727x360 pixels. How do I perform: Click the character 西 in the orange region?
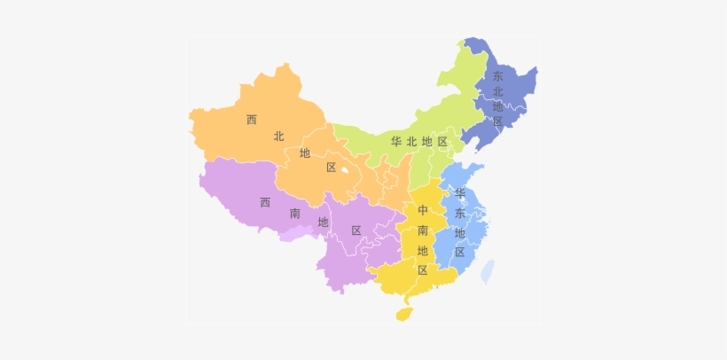click(x=252, y=120)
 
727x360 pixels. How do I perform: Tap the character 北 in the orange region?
click(x=278, y=136)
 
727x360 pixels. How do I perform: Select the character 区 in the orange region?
click(x=331, y=168)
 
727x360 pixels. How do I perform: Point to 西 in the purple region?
click(x=264, y=202)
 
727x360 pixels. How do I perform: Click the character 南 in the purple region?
click(x=294, y=214)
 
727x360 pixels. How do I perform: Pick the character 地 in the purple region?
click(x=323, y=222)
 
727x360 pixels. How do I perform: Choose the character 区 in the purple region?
click(x=356, y=231)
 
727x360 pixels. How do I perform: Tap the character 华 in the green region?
click(x=396, y=142)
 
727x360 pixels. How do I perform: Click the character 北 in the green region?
click(x=411, y=142)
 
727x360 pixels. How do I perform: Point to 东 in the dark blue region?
click(x=497, y=76)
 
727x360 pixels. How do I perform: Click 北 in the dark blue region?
click(x=497, y=91)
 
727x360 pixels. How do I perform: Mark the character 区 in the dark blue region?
click(x=497, y=121)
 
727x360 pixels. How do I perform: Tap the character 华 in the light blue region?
click(x=459, y=192)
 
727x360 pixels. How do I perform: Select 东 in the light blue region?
click(x=459, y=213)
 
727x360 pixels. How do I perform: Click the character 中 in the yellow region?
click(x=423, y=211)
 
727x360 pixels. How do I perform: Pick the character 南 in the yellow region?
click(x=423, y=231)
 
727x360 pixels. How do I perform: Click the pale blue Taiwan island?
click(x=488, y=270)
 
